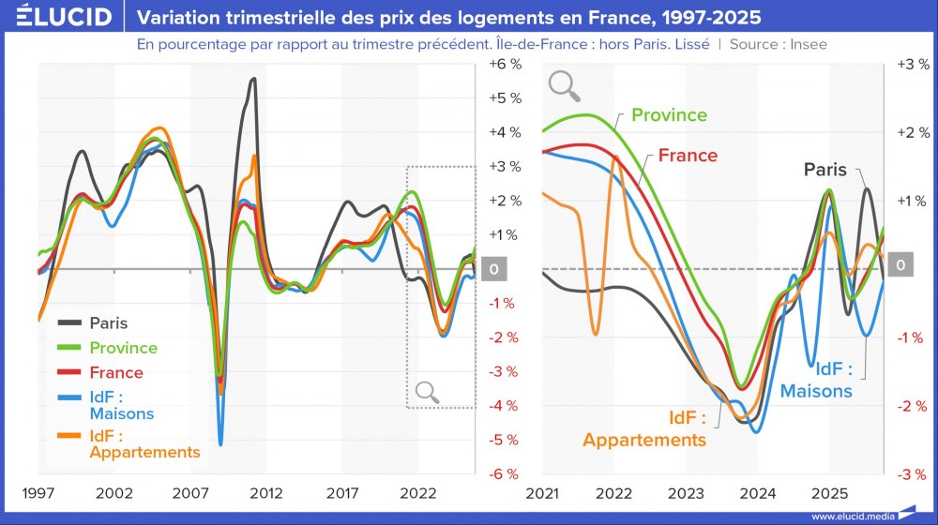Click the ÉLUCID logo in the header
point(57,17)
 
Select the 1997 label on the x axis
point(38,493)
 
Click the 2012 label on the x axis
point(266,493)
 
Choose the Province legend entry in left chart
point(123,348)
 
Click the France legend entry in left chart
point(116,372)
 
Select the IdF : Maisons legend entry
point(121,405)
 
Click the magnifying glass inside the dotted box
point(428,392)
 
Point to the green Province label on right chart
point(669,114)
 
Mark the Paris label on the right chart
point(825,170)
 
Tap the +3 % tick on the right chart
point(913,65)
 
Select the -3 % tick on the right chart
point(913,473)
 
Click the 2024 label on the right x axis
point(757,493)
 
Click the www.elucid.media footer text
point(851,516)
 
